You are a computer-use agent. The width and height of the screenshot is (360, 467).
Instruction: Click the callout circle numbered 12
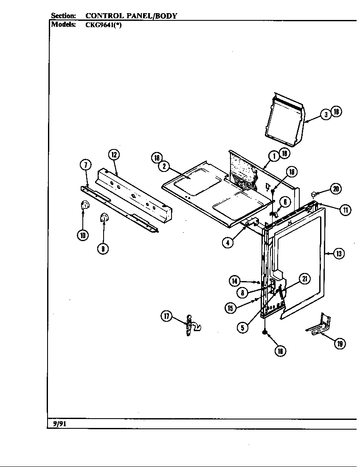(x=113, y=155)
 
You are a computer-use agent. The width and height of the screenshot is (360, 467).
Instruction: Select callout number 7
(x=85, y=165)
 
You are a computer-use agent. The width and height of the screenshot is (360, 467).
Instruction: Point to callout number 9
(x=103, y=248)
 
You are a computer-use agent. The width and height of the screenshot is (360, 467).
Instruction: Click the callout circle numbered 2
(x=164, y=166)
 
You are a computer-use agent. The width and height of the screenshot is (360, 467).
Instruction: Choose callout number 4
(x=228, y=243)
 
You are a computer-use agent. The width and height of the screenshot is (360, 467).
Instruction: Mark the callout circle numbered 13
(x=338, y=253)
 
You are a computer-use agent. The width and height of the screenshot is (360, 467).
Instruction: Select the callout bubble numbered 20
(x=336, y=189)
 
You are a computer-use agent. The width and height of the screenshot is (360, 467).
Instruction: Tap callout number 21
(x=304, y=279)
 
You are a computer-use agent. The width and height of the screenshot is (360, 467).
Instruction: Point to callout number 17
(x=166, y=315)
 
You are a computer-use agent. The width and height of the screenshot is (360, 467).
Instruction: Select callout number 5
(x=242, y=327)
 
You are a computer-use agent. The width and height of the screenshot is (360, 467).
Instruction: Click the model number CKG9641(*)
(x=104, y=25)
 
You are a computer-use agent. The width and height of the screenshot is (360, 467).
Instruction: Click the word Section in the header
(x=63, y=16)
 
